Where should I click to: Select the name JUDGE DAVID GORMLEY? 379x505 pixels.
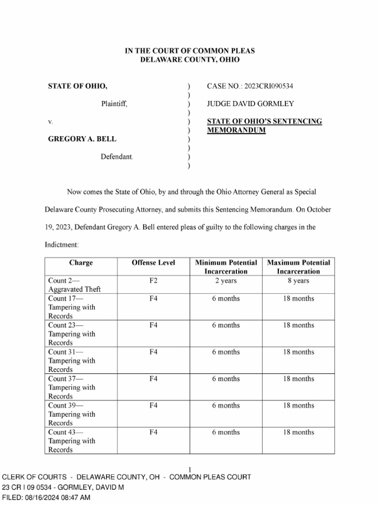coord(250,104)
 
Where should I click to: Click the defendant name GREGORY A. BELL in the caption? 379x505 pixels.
coord(82,139)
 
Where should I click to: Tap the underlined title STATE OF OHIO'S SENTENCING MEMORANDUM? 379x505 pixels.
coord(264,126)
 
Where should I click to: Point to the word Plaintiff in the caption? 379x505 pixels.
coord(114,104)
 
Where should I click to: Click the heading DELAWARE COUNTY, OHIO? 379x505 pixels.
coord(189,60)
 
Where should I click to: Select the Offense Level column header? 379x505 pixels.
coord(153,263)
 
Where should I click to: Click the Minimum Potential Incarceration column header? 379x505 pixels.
coord(226,267)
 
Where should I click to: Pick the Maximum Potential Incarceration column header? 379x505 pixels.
coord(298,267)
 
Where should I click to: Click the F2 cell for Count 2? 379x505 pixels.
coord(153,281)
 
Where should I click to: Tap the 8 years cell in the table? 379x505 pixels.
coord(298,281)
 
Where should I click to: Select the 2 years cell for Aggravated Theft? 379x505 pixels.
coord(226,281)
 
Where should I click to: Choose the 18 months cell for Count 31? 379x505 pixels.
coord(298,352)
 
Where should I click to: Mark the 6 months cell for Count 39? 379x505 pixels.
coord(226,405)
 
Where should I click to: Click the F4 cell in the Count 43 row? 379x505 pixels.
coord(153,432)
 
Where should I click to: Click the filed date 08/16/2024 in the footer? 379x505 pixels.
coord(44,498)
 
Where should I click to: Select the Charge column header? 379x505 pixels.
coord(81,263)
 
